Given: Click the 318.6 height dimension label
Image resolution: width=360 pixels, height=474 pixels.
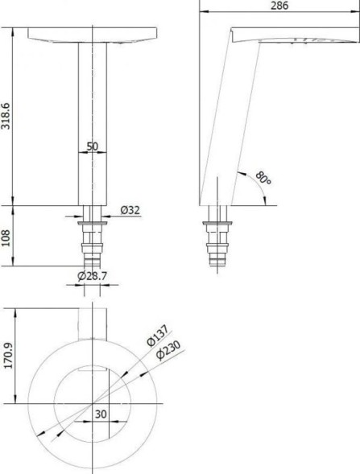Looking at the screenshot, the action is coord(6,116).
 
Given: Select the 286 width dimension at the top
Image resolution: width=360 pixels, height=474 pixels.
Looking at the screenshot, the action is coord(279,6).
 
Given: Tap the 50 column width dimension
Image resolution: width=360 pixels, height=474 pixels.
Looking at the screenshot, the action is coord(93,146).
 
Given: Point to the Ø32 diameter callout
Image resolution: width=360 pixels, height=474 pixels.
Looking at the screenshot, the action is coord(130,210).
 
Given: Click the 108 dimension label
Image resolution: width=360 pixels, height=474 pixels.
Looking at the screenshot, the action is coord(6,237).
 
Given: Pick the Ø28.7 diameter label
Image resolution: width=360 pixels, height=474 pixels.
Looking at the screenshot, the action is coord(93,276).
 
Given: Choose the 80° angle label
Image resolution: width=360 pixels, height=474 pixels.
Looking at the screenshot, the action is coord(263,178).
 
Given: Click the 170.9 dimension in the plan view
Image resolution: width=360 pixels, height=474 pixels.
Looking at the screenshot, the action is coord(9,356).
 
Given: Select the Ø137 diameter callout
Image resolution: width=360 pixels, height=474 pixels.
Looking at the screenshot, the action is coord(157,336).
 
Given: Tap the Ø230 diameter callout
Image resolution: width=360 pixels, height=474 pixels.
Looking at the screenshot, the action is coord(168,350).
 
